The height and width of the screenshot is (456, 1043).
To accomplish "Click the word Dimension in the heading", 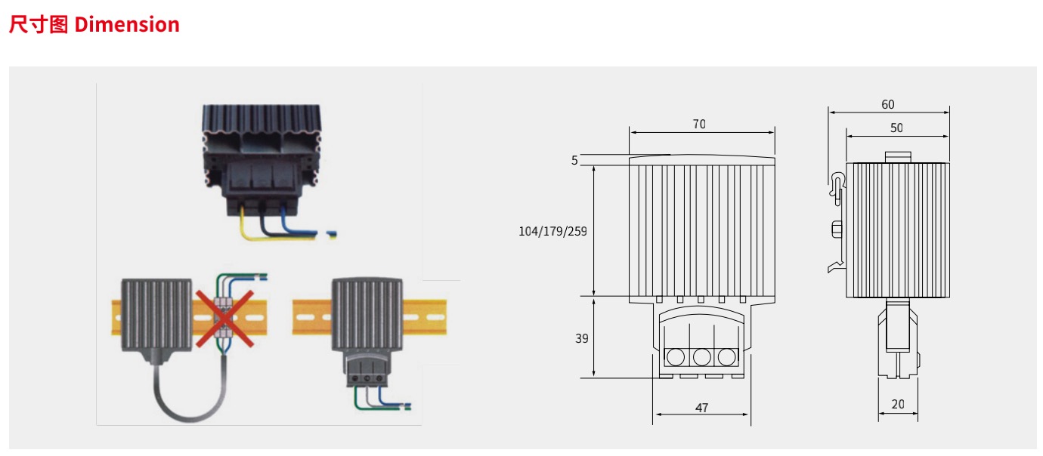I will [127, 24].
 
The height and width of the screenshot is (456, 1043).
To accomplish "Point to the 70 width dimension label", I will [699, 124].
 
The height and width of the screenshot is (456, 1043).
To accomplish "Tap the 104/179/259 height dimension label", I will [552, 231].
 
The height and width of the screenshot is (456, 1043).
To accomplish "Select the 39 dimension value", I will [581, 339].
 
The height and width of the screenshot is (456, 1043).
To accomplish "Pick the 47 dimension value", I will [701, 408].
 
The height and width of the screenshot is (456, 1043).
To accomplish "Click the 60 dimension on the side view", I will [887, 104].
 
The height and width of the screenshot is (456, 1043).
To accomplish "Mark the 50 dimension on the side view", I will [896, 128].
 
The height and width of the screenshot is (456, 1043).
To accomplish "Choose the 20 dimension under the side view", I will [898, 404].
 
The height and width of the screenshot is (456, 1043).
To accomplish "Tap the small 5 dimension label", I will [574, 160].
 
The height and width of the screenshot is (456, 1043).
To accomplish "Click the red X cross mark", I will [224, 319].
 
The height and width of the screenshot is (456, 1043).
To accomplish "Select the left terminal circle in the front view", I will [676, 356].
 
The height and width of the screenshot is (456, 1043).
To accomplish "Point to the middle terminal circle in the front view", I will [701, 356].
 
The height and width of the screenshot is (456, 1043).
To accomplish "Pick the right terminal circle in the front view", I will [726, 356].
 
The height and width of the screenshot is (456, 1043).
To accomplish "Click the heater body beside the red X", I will [156, 313].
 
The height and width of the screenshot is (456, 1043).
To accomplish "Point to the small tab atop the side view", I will [897, 156].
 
